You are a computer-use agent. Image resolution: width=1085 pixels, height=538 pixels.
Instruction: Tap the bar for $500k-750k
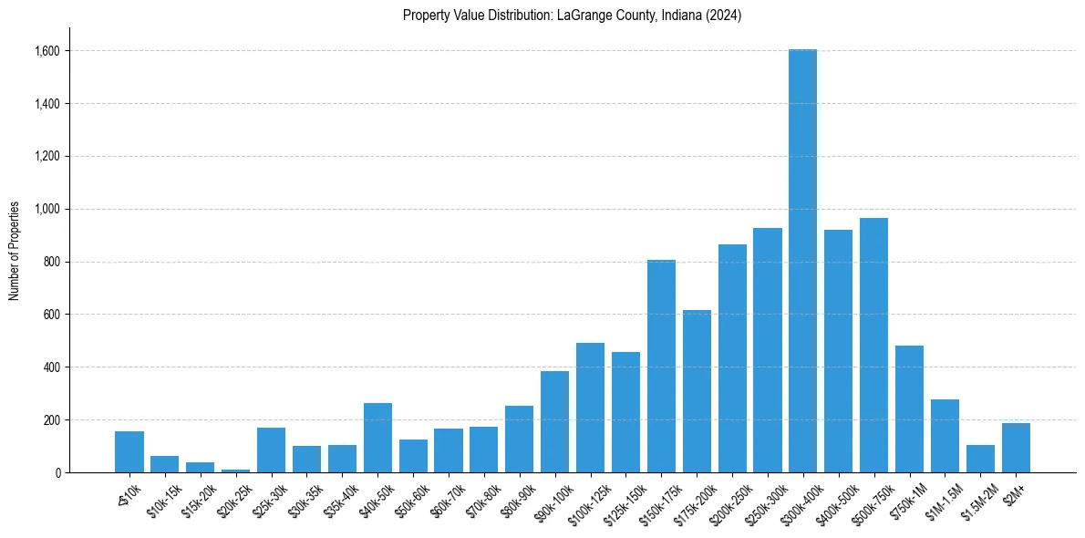tap(873, 346)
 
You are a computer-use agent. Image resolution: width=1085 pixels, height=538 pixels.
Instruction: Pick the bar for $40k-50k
tap(377, 438)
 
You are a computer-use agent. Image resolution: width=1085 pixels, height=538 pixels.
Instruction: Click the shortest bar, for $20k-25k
tap(235, 471)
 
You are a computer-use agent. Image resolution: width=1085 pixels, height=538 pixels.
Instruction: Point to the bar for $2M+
tap(1016, 448)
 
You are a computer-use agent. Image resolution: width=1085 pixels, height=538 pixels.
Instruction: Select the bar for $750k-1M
tap(909, 409)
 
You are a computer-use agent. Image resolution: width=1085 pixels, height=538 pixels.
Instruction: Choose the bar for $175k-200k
tap(697, 391)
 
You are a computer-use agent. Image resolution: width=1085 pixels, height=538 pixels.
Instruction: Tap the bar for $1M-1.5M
tap(945, 436)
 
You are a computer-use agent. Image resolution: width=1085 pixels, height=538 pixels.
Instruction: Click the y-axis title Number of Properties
tap(15, 251)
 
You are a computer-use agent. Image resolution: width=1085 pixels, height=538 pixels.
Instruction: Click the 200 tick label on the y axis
tap(51, 419)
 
